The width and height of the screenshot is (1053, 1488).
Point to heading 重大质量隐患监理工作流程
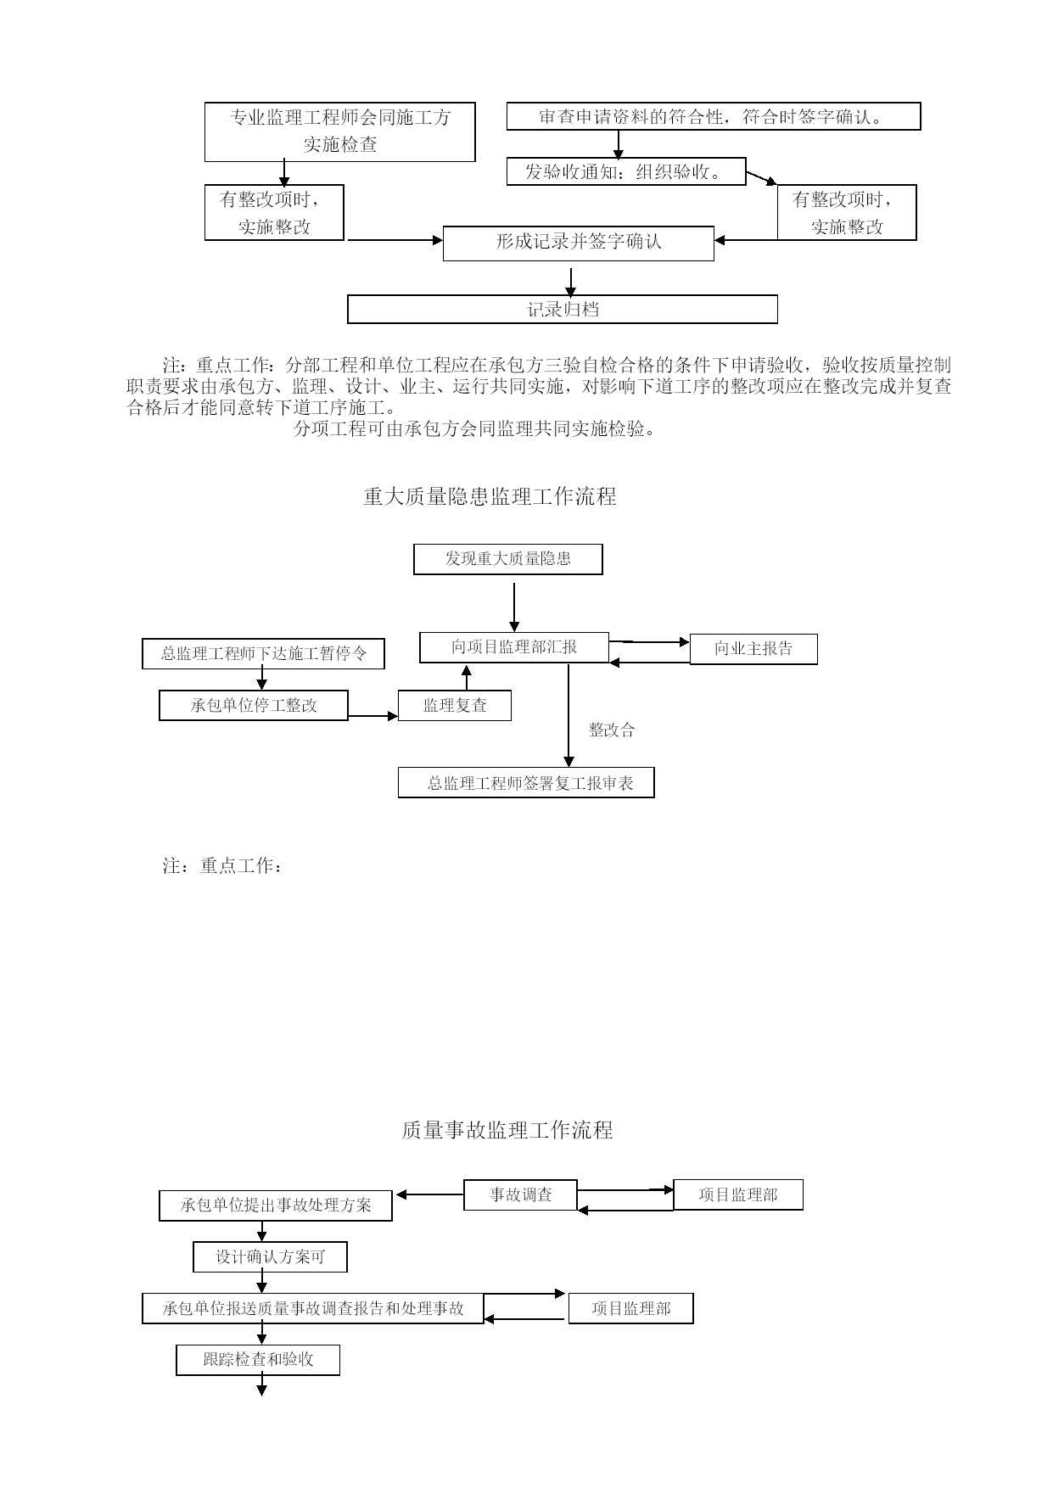pyautogui.click(x=490, y=496)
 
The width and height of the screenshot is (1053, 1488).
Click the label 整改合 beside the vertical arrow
pyautogui.click(x=612, y=730)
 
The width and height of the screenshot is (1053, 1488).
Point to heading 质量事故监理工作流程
pyautogui.click(x=507, y=1130)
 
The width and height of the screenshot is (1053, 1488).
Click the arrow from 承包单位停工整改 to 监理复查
pyautogui.click(x=373, y=716)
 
